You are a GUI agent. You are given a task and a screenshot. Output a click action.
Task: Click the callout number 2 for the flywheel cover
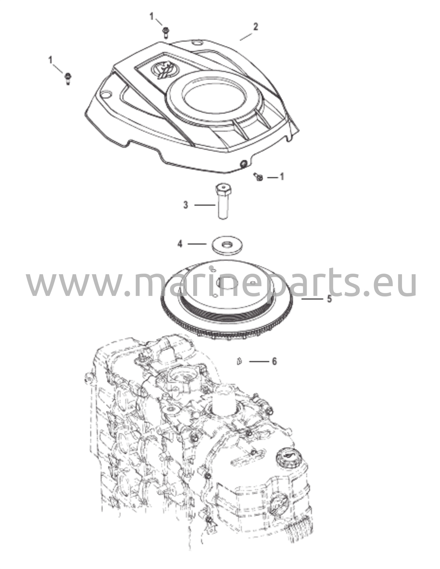(x=255, y=27)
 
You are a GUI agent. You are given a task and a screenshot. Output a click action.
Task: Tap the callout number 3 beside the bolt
(x=185, y=205)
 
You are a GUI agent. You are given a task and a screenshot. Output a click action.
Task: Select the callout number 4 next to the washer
(x=180, y=244)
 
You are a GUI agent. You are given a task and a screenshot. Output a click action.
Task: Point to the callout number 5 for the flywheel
(x=329, y=299)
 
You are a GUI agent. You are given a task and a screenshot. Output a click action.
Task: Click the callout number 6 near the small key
(x=274, y=361)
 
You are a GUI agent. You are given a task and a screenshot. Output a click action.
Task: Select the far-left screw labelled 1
(x=68, y=78)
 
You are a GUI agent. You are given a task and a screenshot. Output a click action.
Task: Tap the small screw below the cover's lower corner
(x=258, y=176)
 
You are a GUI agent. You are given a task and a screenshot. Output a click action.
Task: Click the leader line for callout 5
(x=312, y=299)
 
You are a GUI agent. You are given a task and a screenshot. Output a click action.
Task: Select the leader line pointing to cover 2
(x=246, y=37)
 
